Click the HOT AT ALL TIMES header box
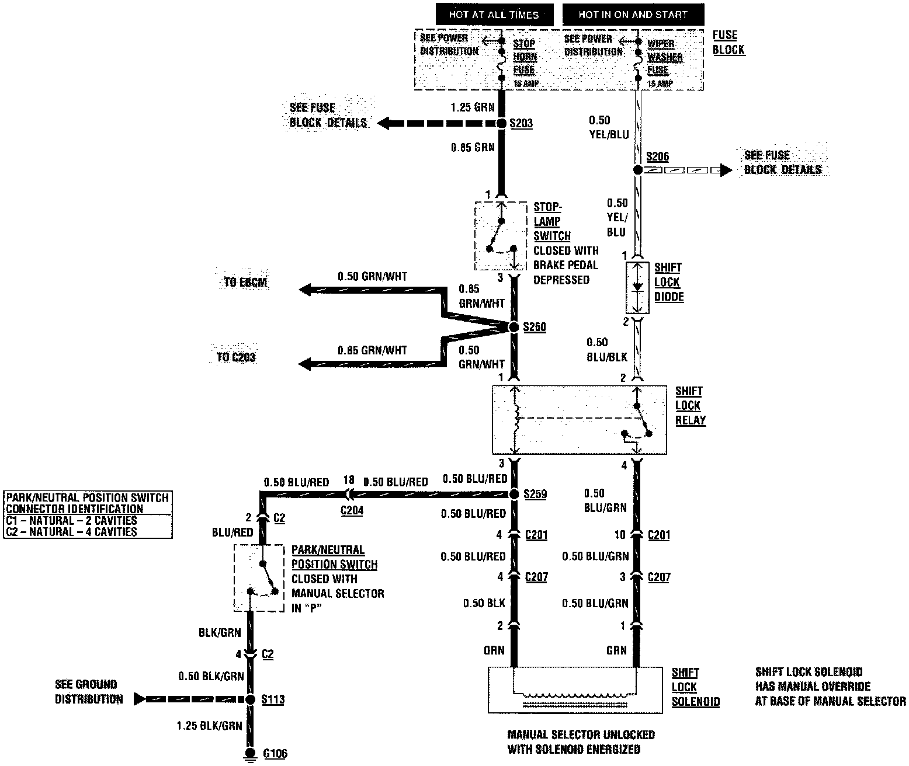point(494,15)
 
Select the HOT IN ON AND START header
point(633,15)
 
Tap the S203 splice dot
point(501,124)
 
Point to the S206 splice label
point(657,156)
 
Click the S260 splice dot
point(514,327)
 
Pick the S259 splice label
point(535,494)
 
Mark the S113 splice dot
point(250,699)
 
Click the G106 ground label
point(275,753)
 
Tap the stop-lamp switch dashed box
point(501,236)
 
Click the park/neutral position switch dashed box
point(259,578)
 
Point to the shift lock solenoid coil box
point(575,690)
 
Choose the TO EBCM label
point(246,283)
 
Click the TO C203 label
point(236,357)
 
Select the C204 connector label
point(352,510)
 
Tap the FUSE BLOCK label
point(728,43)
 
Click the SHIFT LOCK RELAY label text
point(690,406)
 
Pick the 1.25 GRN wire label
point(473,107)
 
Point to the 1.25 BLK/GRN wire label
point(209,726)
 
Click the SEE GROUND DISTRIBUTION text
point(89,692)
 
